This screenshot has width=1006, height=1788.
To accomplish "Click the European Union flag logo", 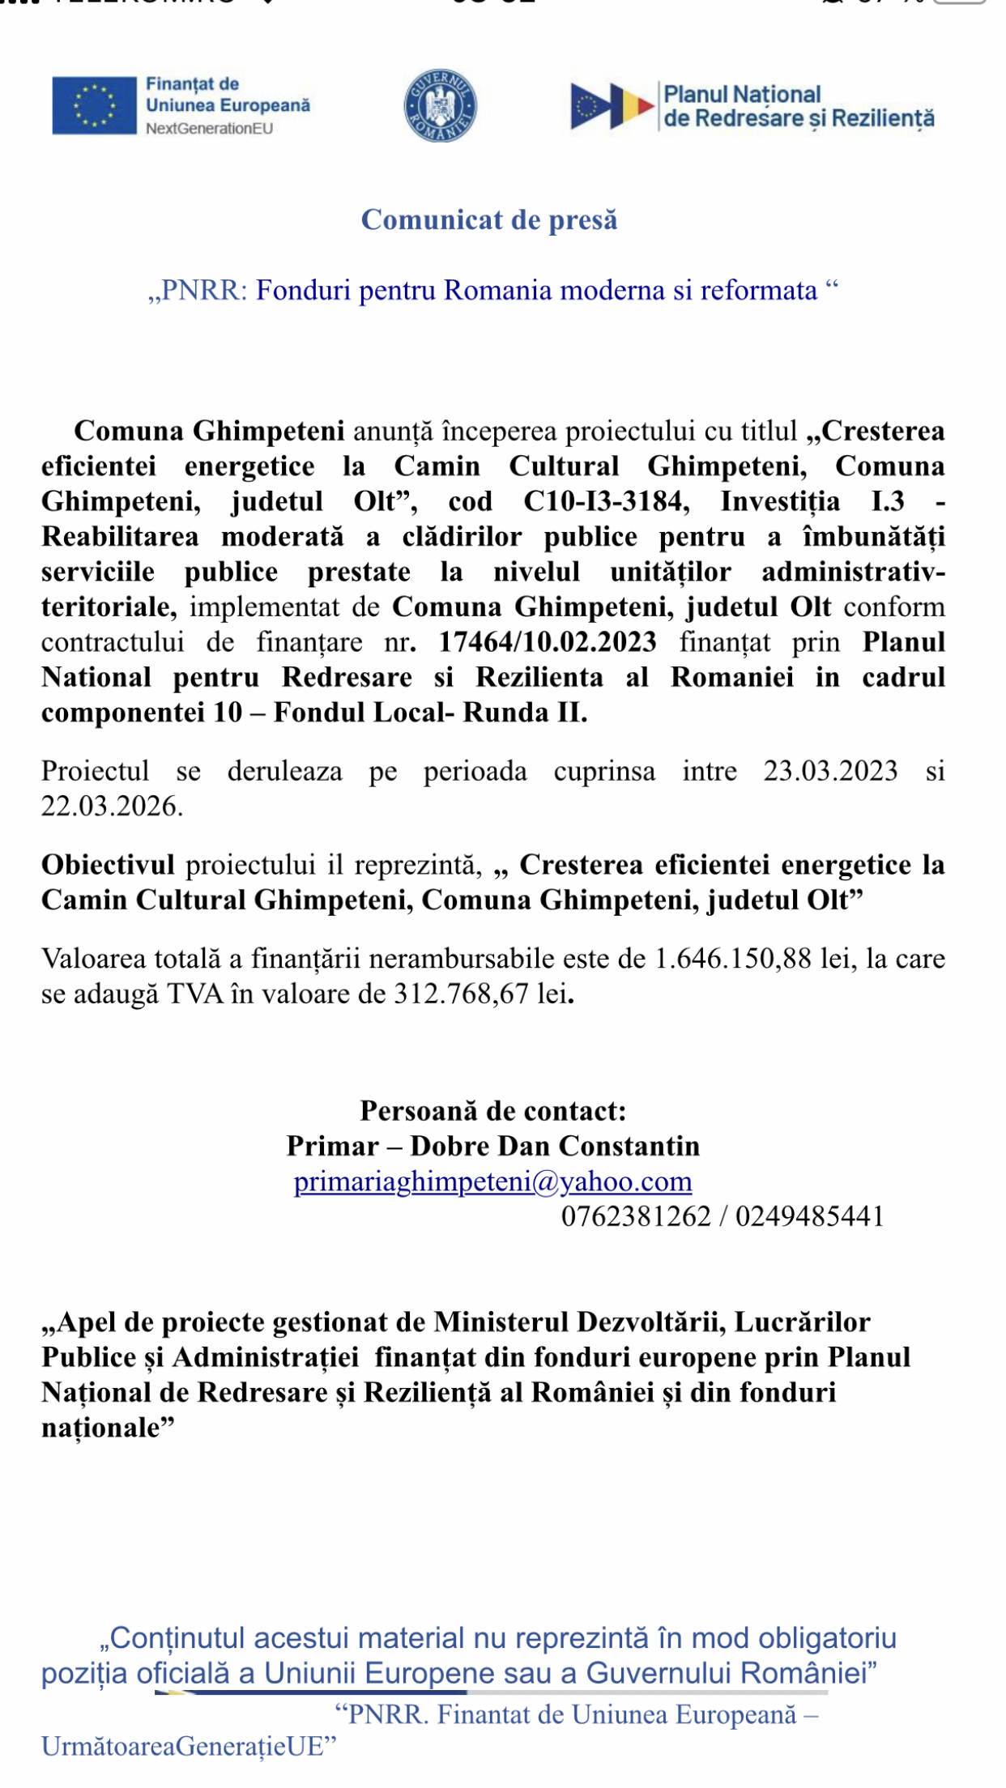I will [94, 105].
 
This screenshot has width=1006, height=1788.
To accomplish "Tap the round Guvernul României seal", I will [440, 105].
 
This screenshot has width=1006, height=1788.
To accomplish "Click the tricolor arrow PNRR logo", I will [612, 106].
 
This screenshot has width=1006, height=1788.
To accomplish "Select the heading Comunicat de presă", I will [489, 219].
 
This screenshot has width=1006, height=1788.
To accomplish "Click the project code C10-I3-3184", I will [606, 501].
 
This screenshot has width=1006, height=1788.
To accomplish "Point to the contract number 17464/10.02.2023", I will [548, 642].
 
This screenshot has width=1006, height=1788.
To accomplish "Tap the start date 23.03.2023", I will [830, 771].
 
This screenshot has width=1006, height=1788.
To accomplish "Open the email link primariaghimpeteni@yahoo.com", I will [492, 1181].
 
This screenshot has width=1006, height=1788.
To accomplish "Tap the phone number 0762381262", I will [636, 1216].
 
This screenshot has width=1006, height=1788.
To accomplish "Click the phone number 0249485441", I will [809, 1216].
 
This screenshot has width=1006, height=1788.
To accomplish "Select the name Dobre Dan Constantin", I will [555, 1146].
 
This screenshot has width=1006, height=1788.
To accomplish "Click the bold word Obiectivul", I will [108, 865].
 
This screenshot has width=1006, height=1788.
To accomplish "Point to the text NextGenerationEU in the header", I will [209, 128].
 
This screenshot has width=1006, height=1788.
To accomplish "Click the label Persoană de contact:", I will [492, 1110].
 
